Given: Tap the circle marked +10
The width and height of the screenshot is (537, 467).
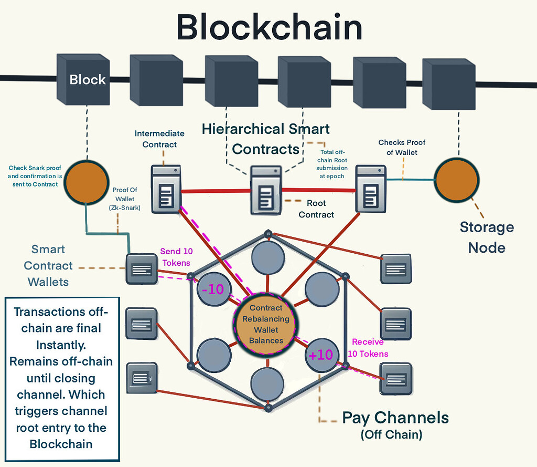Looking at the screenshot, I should tap(320, 355).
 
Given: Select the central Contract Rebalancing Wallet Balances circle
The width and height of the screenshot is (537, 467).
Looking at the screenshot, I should tap(266, 324).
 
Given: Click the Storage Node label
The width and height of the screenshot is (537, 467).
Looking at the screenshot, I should tap(487, 237).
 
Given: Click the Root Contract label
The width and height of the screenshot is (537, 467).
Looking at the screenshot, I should tap(316, 209).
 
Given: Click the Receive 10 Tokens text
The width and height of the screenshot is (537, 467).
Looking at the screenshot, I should tap(368, 348).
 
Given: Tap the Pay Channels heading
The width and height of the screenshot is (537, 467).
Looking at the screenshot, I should tap(395, 418).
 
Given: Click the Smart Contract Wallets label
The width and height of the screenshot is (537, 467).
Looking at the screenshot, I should tap(48, 265).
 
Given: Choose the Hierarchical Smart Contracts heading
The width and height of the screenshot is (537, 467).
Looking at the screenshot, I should tap(266, 139).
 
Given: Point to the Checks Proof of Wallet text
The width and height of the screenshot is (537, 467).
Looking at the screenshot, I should tap(402, 148).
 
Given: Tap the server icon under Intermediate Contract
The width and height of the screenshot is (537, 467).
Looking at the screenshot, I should tap(166, 189).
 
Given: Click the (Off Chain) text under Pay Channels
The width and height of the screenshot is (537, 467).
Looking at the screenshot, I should tap(391, 435).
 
